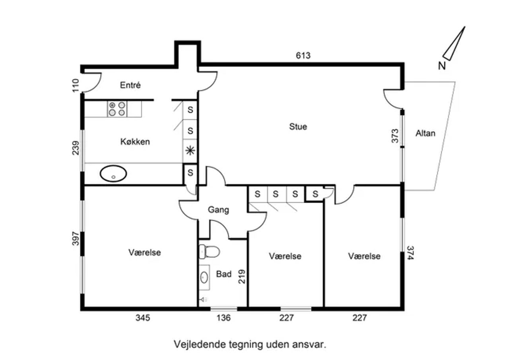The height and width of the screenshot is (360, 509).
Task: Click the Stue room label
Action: (x=298, y=126)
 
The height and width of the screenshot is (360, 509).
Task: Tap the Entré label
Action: (x=130, y=85)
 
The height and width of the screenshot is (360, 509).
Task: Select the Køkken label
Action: (x=135, y=141)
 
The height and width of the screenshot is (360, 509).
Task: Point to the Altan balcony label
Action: (x=425, y=133)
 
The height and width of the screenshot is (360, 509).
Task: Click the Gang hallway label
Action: (x=218, y=210)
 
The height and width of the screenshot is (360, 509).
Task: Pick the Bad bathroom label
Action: (x=224, y=274)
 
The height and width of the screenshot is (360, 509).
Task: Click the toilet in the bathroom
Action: (x=209, y=252)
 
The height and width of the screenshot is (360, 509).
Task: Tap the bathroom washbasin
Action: (x=204, y=277)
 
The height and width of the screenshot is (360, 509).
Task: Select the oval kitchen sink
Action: (x=113, y=174)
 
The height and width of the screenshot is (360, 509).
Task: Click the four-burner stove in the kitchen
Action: (x=117, y=109)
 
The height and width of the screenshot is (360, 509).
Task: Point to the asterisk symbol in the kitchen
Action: (x=190, y=151)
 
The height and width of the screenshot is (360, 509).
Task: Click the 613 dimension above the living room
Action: (x=303, y=56)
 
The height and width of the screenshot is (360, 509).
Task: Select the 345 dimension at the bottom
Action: (x=143, y=318)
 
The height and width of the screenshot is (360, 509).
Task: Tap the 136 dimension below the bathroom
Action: (x=223, y=318)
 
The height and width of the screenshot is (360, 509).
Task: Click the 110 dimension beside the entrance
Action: (x=76, y=85)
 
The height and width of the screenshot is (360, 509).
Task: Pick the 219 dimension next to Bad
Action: (x=242, y=277)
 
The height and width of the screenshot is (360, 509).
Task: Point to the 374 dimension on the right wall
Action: (x=410, y=253)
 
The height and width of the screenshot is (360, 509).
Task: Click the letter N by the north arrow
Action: (x=442, y=66)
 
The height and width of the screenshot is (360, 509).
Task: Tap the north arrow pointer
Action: (x=454, y=44)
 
